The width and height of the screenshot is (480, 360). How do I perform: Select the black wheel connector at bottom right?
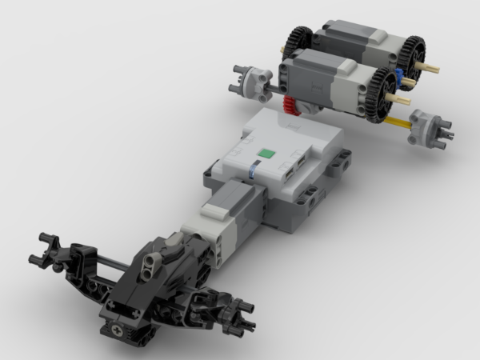pyautogui.click(x=236, y=314)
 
